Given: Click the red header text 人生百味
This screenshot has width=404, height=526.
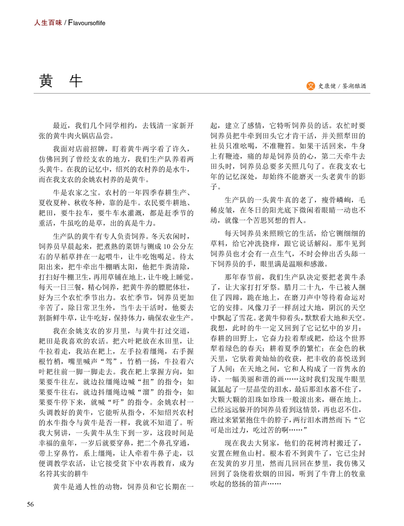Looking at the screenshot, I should coord(48,23).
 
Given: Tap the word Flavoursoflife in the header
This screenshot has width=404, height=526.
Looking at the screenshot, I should coord(86,23).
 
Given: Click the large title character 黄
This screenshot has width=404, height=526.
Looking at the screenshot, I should coord(46,81).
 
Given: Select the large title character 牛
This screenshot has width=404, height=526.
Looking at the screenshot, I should coord(76,81).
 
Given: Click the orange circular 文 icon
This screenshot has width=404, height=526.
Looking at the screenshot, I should coord(310,86).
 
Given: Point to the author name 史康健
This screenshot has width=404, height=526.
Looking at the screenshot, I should coord(327,86).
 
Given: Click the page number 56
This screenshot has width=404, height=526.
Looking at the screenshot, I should coord(30,504).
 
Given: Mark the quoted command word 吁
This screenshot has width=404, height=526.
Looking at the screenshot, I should coord(117,402).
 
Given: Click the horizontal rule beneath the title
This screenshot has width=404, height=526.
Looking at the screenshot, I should coord(202,93).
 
